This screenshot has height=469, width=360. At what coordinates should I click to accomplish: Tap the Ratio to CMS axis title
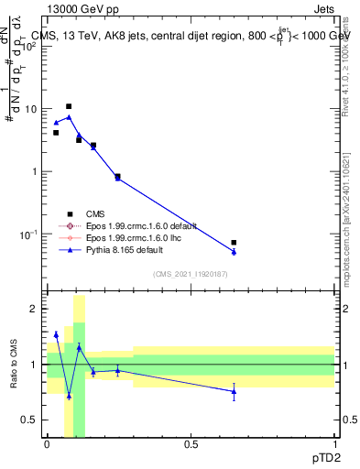(x=14, y=365)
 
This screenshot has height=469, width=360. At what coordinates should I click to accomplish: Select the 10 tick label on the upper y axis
(x=31, y=109)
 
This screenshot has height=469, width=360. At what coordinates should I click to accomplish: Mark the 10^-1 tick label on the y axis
(x=29, y=234)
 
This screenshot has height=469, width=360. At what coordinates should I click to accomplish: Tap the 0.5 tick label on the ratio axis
(x=31, y=420)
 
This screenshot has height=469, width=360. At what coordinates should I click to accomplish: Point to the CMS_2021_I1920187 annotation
(x=189, y=273)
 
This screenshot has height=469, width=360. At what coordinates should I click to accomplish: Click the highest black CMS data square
(x=69, y=106)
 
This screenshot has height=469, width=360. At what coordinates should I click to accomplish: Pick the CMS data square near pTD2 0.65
(x=234, y=243)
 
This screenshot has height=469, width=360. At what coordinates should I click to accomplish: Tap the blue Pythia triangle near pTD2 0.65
(x=234, y=252)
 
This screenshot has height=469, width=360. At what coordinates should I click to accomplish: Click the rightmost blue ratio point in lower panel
(x=234, y=391)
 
